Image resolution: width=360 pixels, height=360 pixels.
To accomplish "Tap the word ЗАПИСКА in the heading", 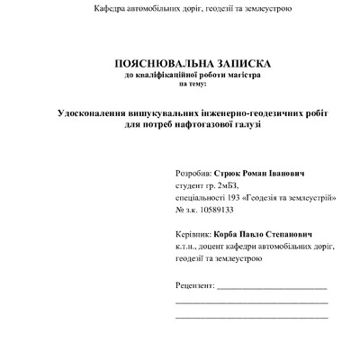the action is [x=237, y=65].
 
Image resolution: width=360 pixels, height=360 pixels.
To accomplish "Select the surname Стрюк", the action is [x=231, y=169].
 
